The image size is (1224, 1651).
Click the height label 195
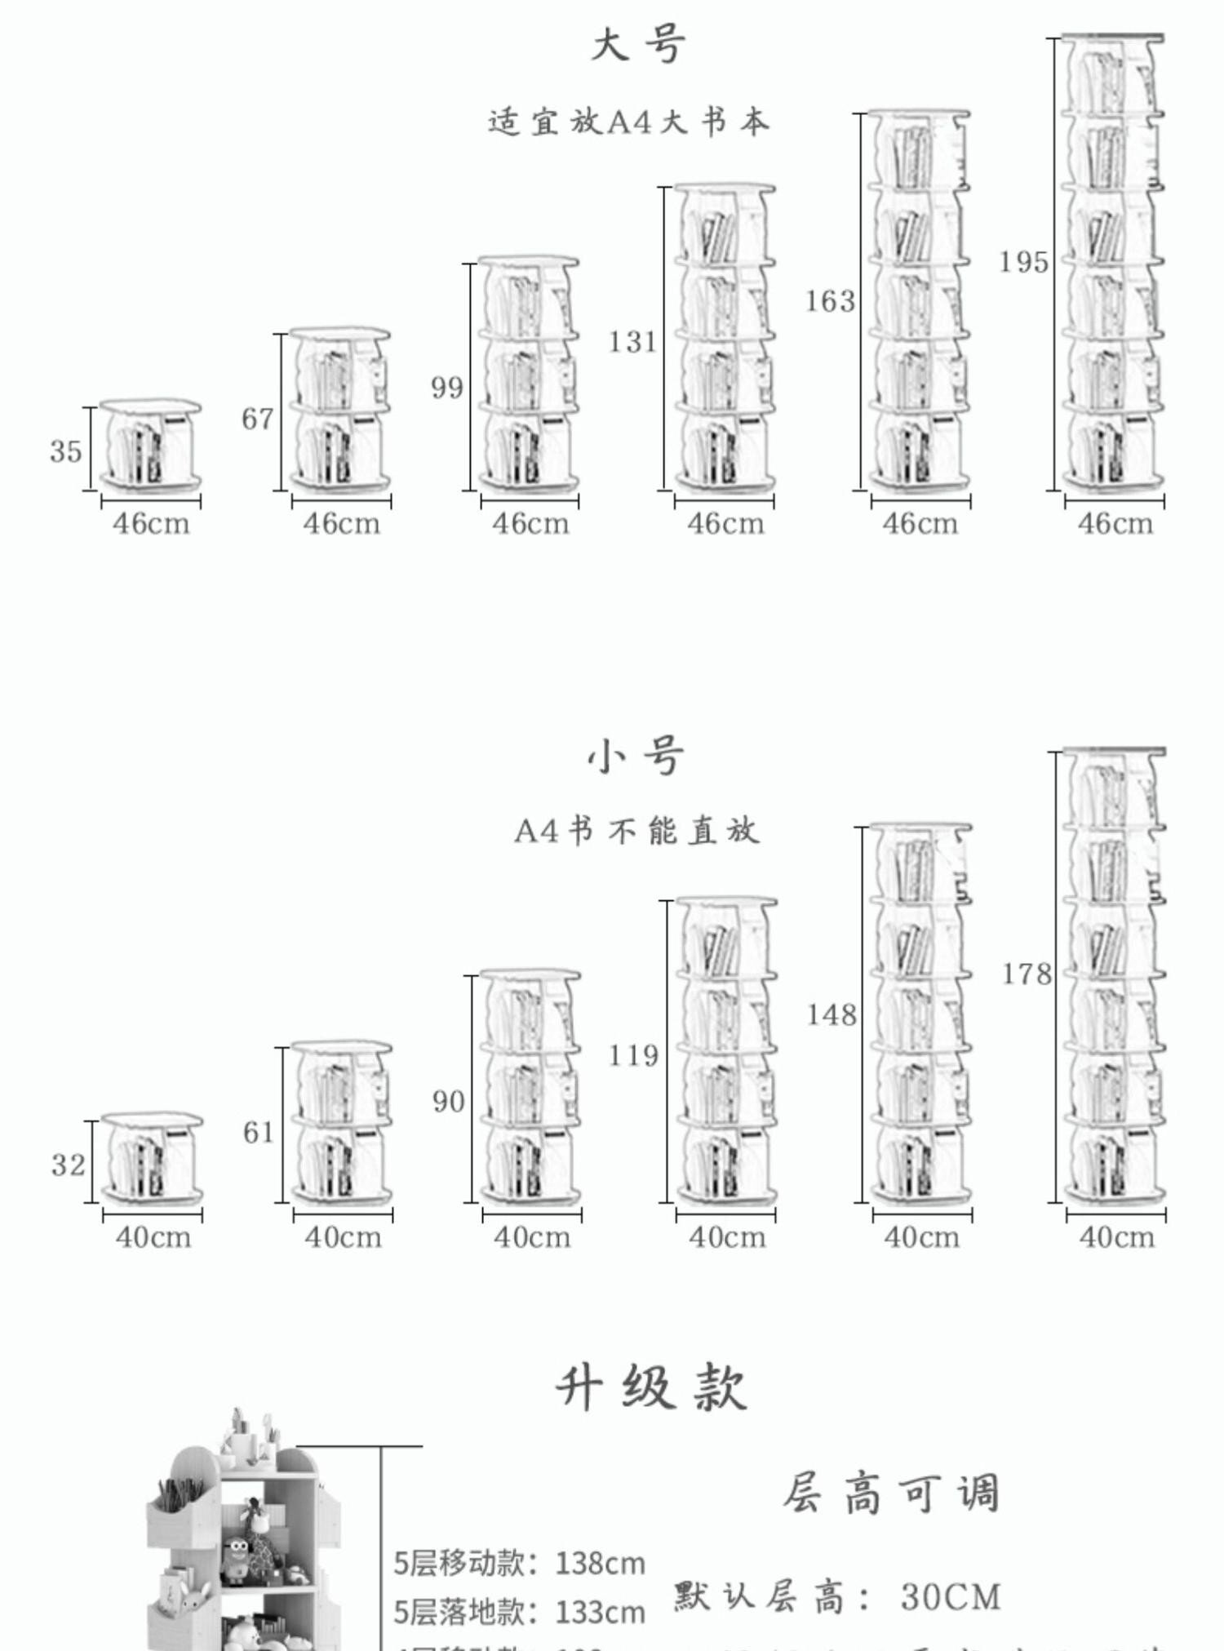(x=1024, y=262)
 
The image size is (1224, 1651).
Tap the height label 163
(x=830, y=301)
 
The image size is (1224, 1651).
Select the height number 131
(x=633, y=341)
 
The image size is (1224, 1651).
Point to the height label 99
(x=447, y=387)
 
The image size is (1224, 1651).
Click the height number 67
(x=258, y=419)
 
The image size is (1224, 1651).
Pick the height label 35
(x=66, y=450)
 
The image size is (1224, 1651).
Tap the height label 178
(x=1027, y=974)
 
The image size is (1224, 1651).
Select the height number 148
(x=832, y=1014)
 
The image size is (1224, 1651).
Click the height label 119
(x=634, y=1055)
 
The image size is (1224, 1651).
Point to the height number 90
(x=448, y=1102)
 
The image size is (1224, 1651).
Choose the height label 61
(x=259, y=1132)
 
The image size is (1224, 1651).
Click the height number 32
(x=68, y=1165)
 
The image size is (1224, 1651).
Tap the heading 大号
(x=639, y=45)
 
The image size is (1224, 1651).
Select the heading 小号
(x=636, y=757)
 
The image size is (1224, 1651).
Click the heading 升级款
(x=651, y=1387)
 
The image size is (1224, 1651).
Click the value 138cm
(x=600, y=1563)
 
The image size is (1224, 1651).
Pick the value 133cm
(x=600, y=1612)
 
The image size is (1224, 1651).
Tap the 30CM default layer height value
(x=951, y=1597)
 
